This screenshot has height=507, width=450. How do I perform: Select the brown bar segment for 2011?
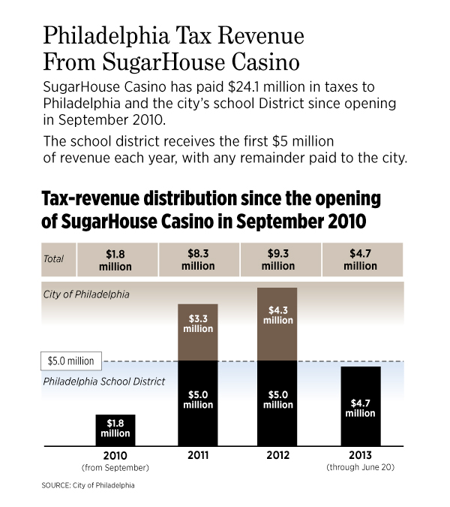click(196, 332)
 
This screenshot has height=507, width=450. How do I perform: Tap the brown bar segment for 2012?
click(277, 323)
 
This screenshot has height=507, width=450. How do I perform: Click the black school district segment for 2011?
click(196, 403)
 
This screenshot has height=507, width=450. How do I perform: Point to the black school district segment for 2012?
click(277, 403)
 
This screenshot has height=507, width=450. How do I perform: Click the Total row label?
click(53, 259)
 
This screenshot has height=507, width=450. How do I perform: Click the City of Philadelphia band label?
click(85, 294)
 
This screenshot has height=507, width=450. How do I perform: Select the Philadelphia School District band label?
click(104, 382)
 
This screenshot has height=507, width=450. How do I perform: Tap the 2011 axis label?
click(196, 455)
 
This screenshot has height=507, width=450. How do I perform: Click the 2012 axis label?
click(277, 455)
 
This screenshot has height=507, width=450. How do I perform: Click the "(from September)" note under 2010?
click(115, 468)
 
